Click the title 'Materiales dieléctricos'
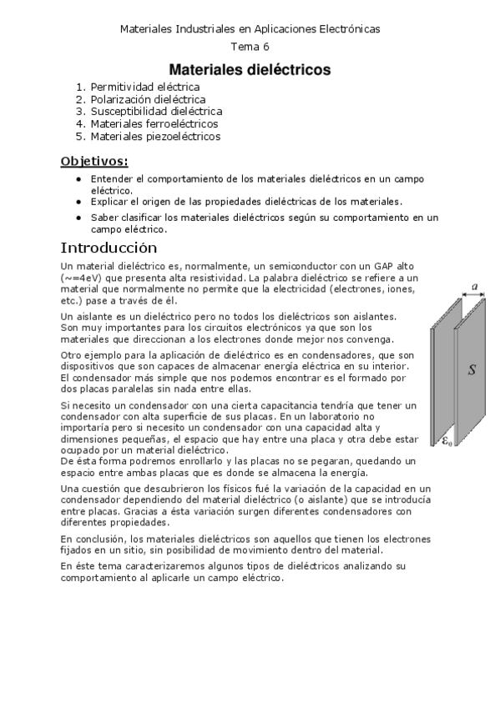250,69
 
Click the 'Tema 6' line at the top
250,47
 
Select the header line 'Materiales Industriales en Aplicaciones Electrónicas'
250,28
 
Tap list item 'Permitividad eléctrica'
144,86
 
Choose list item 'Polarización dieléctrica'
148,98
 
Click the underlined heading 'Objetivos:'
95,160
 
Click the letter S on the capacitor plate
472,369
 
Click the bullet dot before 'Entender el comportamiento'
78,179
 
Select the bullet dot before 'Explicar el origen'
78,201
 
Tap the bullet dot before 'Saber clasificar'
78,218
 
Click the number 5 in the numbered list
80,136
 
